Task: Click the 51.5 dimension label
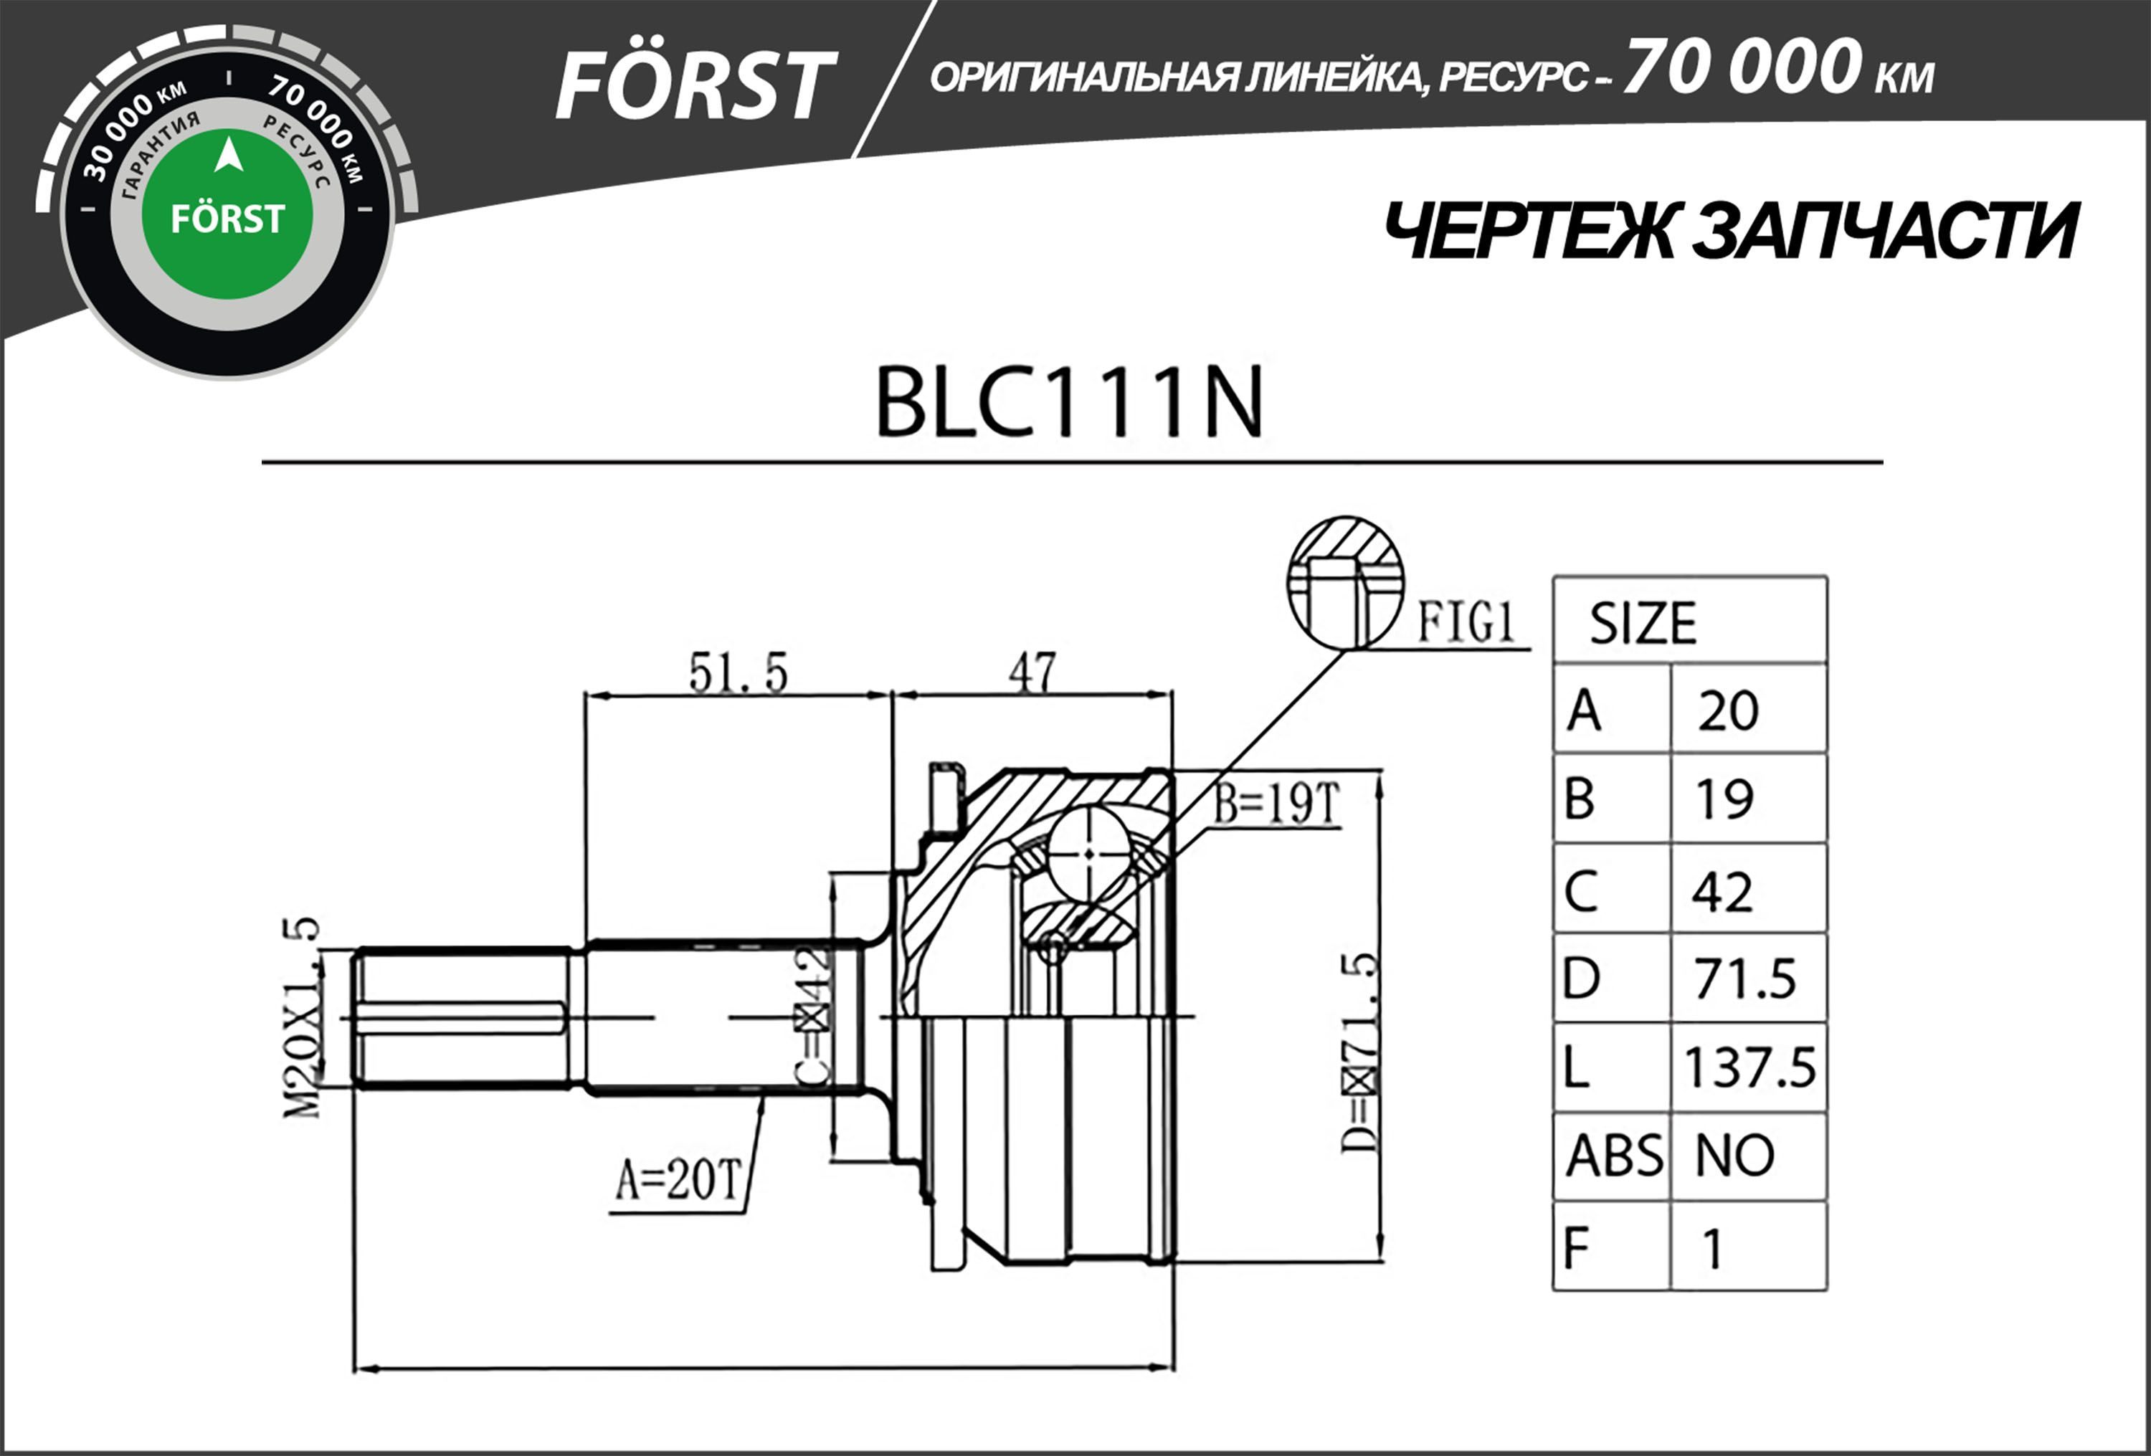(738, 673)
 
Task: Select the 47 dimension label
(1032, 673)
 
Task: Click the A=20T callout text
(678, 1180)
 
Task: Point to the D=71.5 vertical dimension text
(1359, 1052)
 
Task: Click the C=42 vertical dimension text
(812, 1015)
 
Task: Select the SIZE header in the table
(1643, 623)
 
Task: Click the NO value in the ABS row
(1734, 1155)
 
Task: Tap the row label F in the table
(1576, 1247)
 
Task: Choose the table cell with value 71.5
(1744, 979)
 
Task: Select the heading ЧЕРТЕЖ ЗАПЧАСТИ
(1730, 232)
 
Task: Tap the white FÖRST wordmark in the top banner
(694, 85)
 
